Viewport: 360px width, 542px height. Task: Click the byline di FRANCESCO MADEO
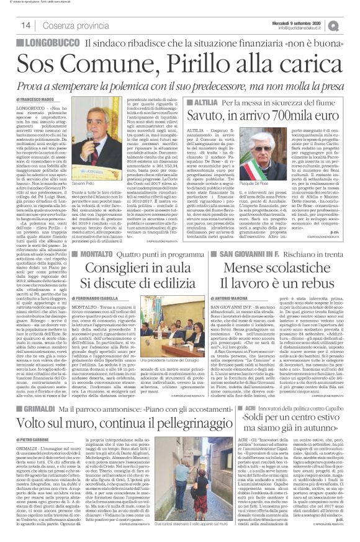30,99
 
